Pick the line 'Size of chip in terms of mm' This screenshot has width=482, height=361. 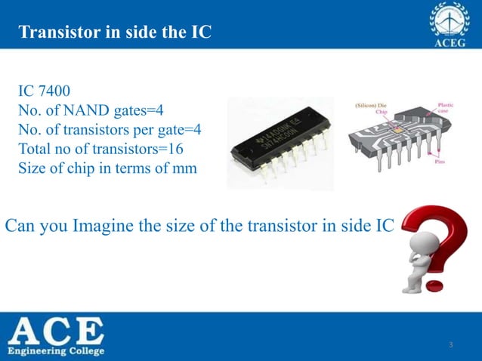click(107, 168)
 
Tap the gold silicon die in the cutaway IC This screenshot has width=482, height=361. click(393, 131)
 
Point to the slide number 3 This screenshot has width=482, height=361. click(450, 346)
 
